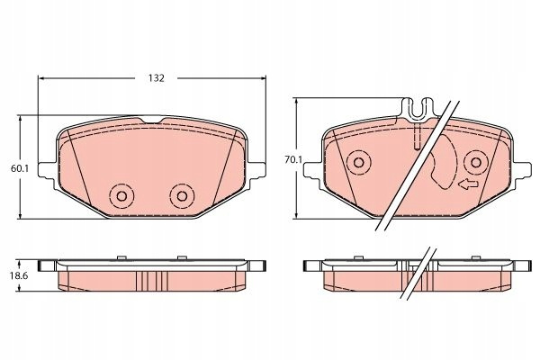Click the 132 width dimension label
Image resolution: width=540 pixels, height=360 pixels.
click(157, 78)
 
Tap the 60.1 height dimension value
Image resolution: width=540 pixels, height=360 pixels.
click(20, 168)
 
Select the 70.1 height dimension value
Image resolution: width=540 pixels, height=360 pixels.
click(293, 160)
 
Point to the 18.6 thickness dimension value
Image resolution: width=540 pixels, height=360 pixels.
click(20, 275)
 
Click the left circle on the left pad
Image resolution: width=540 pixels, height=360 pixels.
click(121, 196)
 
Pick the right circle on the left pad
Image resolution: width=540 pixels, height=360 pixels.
click(182, 196)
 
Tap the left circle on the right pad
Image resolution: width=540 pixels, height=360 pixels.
click(358, 162)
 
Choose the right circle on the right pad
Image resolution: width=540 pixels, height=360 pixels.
click(476, 162)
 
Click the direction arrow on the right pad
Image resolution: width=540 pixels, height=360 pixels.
click(468, 184)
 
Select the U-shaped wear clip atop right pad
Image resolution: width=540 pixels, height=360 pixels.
click(418, 110)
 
